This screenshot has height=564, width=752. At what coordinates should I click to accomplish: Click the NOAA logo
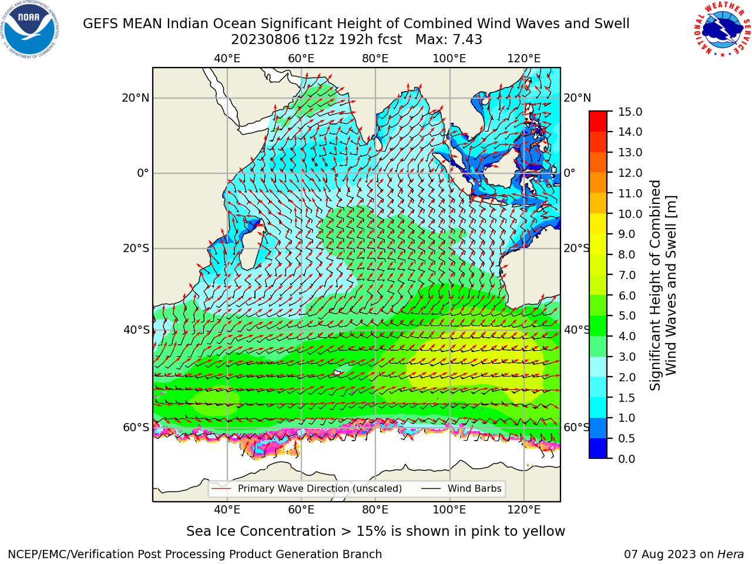click(30, 29)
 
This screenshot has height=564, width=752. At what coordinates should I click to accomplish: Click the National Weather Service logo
click(723, 29)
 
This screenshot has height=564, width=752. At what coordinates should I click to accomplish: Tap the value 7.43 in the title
click(467, 40)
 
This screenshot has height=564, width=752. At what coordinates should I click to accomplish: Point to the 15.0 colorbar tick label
click(630, 112)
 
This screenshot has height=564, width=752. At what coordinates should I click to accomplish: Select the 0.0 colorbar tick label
click(627, 459)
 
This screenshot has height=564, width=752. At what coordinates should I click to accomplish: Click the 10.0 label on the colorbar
click(630, 214)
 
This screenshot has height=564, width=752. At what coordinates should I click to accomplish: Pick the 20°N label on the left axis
click(136, 98)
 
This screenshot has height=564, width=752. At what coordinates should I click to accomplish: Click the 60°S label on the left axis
click(136, 427)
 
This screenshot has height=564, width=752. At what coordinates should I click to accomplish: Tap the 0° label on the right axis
click(569, 173)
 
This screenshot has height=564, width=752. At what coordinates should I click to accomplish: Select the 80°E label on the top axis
click(375, 59)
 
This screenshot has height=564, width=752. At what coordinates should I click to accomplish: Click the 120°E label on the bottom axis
click(524, 509)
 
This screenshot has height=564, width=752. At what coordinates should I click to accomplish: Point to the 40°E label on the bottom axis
click(227, 509)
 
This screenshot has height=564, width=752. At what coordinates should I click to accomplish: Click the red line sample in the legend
click(221, 488)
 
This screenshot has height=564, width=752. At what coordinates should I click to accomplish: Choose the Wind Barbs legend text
click(475, 488)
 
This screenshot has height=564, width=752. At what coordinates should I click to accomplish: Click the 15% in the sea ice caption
click(371, 532)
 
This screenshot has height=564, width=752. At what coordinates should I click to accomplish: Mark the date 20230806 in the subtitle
click(266, 40)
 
